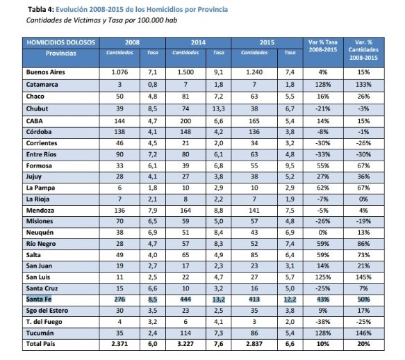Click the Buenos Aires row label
(x=45, y=72)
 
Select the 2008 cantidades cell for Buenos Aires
(x=119, y=72)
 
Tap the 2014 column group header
(x=198, y=42)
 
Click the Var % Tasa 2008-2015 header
(x=323, y=46)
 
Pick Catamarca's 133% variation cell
(x=363, y=85)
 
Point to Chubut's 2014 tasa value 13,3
(x=219, y=109)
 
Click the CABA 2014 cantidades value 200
(x=185, y=121)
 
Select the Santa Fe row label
(x=39, y=300)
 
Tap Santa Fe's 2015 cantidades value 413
(x=254, y=300)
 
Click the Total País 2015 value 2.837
(x=254, y=344)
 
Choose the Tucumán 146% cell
(x=363, y=333)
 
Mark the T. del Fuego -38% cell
(x=323, y=322)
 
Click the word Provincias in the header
(x=61, y=54)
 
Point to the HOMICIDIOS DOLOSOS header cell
(x=61, y=42)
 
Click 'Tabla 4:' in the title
(x=41, y=10)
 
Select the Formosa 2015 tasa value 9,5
(x=290, y=165)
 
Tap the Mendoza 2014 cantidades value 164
(x=185, y=211)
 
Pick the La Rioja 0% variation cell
(x=363, y=199)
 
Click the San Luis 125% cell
(x=323, y=277)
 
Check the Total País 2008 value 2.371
(x=119, y=344)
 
